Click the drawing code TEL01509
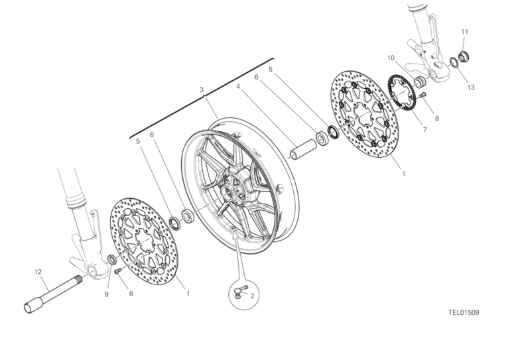[x=464, y=312]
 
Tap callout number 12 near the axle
[x=38, y=272]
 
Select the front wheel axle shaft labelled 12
[x=53, y=294]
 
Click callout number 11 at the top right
[x=465, y=32]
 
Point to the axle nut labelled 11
[x=464, y=57]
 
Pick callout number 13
[x=471, y=88]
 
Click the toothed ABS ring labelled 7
[x=401, y=91]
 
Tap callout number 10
[x=391, y=58]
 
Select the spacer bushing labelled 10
[x=421, y=82]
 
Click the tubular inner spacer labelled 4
[x=303, y=150]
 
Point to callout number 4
[x=238, y=87]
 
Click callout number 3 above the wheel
[x=201, y=90]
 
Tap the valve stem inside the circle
[x=240, y=290]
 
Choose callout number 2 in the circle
[x=253, y=296]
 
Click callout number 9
[x=106, y=294]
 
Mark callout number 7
[x=425, y=130]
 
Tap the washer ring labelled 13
[x=454, y=62]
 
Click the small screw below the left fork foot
[x=118, y=270]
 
